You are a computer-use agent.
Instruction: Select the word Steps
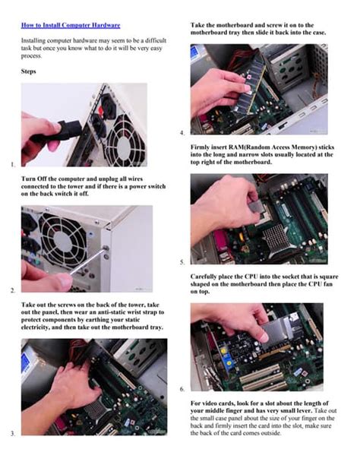(x=30, y=72)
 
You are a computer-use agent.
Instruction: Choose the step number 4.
(x=183, y=133)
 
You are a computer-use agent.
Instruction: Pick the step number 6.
(x=183, y=389)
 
